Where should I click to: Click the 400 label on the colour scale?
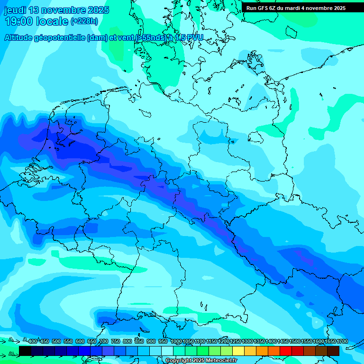tap(33, 341)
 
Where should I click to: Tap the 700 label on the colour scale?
tap(103, 341)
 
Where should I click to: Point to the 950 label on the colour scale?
tap(163, 341)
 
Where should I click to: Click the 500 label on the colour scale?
tap(56, 341)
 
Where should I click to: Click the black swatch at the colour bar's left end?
tap(25, 351)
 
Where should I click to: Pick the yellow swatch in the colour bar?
tap(238, 351)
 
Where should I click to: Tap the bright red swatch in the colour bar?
tap(286, 351)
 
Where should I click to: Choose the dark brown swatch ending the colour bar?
tap(333, 351)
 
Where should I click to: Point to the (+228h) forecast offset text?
tap(84, 21)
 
